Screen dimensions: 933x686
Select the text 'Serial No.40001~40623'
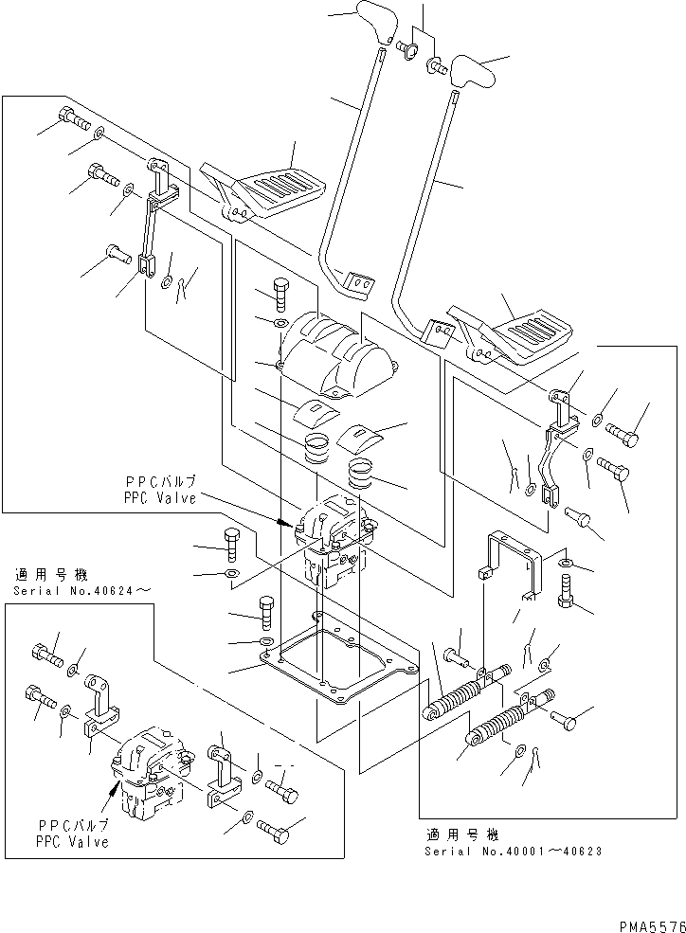(x=513, y=851)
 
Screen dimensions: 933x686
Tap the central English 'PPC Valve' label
(x=159, y=497)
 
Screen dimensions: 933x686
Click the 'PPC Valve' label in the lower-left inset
(x=72, y=841)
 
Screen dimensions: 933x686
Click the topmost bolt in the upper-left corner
(x=74, y=118)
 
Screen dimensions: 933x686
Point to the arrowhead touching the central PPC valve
(x=284, y=522)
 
